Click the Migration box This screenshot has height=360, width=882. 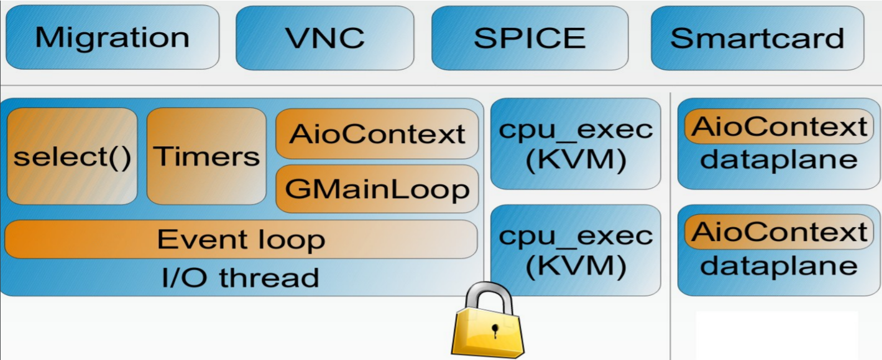pyautogui.click(x=112, y=38)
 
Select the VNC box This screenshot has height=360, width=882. pyautogui.click(x=325, y=38)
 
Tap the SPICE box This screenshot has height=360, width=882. pyautogui.click(x=530, y=38)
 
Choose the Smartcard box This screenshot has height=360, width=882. pyautogui.click(x=757, y=38)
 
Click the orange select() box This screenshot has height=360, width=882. pyautogui.click(x=72, y=156)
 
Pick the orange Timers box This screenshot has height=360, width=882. pyautogui.click(x=206, y=156)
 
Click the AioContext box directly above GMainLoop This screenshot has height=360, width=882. pyautogui.click(x=377, y=134)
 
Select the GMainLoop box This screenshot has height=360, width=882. pyautogui.click(x=377, y=189)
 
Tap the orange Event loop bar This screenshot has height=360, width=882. pyautogui.click(x=241, y=240)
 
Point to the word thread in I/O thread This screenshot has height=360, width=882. pyautogui.click(x=269, y=278)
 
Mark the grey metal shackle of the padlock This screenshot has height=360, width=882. pyautogui.click(x=488, y=295)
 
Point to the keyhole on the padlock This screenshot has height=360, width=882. pyautogui.click(x=495, y=331)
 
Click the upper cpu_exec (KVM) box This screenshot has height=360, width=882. pyautogui.click(x=575, y=144)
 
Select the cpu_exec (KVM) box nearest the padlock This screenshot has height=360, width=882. pyautogui.click(x=575, y=250)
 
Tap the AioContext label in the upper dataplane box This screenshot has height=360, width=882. pyautogui.click(x=778, y=127)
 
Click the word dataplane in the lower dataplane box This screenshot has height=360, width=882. pyautogui.click(x=778, y=266)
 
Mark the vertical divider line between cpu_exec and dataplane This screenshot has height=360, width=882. pyautogui.click(x=670, y=223)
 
